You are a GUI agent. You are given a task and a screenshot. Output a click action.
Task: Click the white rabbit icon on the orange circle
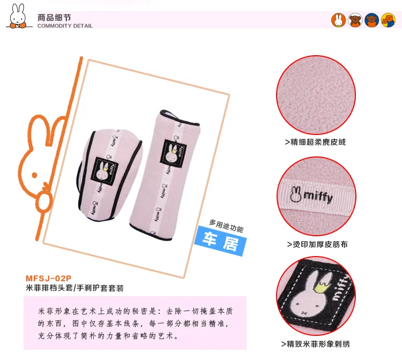pos(338,20)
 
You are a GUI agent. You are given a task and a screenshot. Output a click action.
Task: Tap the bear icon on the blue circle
pos(372,20)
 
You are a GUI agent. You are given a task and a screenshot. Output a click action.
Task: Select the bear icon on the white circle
pos(355,20)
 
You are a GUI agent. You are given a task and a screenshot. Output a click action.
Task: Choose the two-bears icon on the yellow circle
pos(388,20)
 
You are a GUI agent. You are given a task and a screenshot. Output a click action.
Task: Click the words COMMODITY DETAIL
pos(65,26)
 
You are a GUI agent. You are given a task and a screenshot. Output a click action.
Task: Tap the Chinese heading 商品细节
pos(54,18)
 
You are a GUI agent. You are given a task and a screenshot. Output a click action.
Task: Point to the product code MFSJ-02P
pos(48,278)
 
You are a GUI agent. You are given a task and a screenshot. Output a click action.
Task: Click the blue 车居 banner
pos(220,241)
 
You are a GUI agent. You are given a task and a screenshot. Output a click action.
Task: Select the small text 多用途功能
pos(226,226)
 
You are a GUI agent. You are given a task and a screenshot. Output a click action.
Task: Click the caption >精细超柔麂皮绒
pos(315,142)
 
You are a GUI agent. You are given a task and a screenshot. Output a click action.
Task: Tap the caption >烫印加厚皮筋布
pos(317,244)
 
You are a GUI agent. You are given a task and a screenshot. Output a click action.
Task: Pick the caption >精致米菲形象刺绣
pos(316,344)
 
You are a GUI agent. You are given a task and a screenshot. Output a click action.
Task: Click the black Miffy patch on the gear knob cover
pos(105,170)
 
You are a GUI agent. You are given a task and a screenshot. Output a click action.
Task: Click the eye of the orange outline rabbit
pos(34,175)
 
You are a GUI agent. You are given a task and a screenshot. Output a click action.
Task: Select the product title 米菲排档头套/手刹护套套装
pos(75,288)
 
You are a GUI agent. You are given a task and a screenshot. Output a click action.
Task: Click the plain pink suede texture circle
pos(316,95)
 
